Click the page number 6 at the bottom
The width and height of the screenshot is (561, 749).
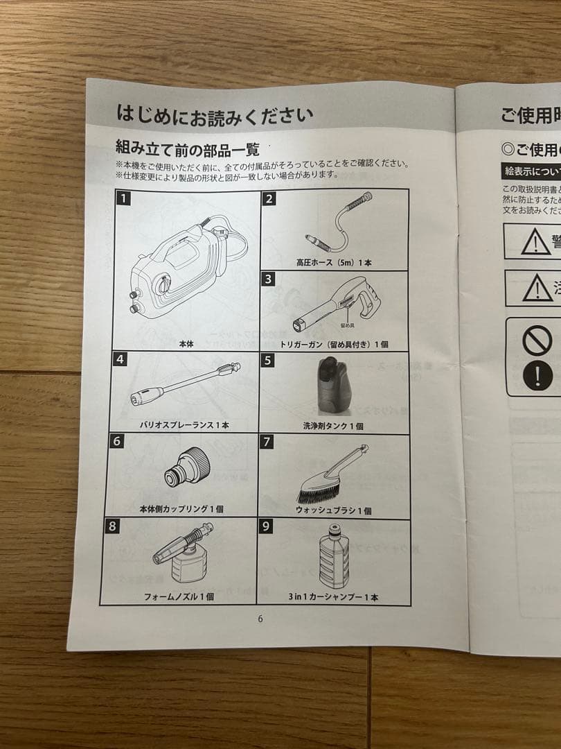point(260,619)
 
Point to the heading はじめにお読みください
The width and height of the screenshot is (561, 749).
point(214,114)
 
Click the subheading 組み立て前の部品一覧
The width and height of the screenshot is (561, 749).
point(187,148)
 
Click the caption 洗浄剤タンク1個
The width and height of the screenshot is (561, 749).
point(333,426)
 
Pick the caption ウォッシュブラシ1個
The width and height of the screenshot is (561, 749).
point(334,510)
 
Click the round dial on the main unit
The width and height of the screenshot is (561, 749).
point(163,285)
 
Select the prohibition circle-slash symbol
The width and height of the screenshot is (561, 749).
point(537,341)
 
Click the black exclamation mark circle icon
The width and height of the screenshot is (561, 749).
point(537,375)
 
